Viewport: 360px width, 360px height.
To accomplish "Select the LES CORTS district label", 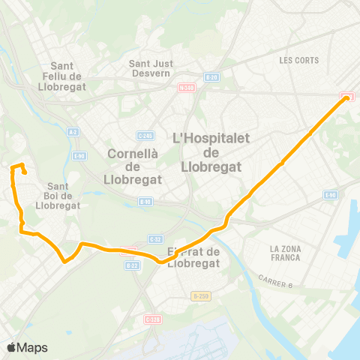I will tap(298, 60).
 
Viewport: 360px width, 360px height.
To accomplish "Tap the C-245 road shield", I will tap(145, 135).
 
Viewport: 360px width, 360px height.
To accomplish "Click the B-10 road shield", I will tap(145, 201).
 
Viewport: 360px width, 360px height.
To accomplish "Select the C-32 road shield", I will tap(156, 238).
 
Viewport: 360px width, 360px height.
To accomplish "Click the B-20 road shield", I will tap(211, 76).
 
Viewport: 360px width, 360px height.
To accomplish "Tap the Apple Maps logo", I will tap(27, 347).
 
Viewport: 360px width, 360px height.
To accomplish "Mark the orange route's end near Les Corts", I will tap(347, 97).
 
